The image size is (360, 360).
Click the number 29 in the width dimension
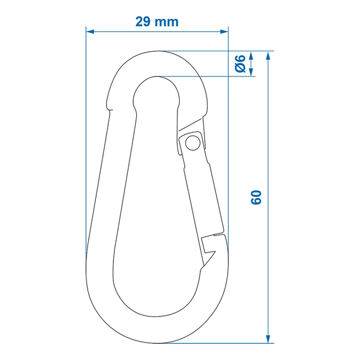point(142,22)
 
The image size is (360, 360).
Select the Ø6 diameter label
point(240,64)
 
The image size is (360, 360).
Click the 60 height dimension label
point(256,197)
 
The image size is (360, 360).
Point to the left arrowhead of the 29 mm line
point(89,31)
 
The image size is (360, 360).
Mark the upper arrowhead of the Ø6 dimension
point(251,55)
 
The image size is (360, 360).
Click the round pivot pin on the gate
point(193,143)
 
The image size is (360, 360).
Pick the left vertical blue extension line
point(86,140)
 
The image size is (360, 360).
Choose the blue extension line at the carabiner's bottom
point(223,343)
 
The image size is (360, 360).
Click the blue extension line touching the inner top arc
point(207,76)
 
